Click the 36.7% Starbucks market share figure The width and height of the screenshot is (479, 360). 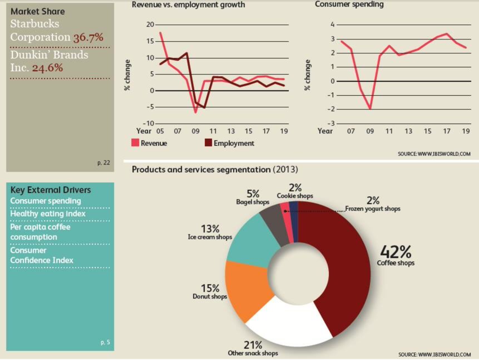pos(88,37)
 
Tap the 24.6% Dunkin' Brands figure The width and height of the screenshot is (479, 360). pos(48,67)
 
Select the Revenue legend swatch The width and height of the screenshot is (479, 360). pos(135,142)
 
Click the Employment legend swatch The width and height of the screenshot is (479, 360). pos(208,142)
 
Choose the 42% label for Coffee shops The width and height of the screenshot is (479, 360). pos(396,251)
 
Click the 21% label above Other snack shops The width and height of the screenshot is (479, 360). pos(253,345)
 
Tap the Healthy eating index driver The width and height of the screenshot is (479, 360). pos(48,213)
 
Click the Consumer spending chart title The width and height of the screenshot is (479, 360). pos(349,4)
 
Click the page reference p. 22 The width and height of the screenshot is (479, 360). pos(104,163)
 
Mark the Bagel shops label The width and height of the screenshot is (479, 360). pos(253,202)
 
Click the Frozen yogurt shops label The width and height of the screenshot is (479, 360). pos(373,209)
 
